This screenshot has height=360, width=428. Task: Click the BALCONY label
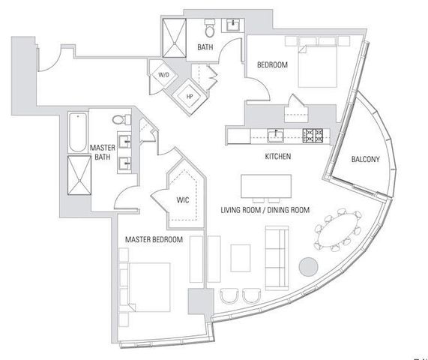coord(365,159)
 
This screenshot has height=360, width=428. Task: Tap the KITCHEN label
coord(277,157)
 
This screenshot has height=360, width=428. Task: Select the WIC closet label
coord(181,200)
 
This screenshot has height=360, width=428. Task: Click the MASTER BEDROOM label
coord(154,239)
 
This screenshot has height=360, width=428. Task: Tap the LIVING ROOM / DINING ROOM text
coord(265,210)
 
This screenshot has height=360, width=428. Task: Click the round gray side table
coord(307,267)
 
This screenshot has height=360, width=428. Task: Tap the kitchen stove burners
coord(313,135)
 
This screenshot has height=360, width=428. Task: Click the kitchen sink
coord(275,135)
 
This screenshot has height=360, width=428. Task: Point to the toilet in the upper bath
coord(211,29)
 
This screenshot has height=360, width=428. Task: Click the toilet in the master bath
coord(118,120)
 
